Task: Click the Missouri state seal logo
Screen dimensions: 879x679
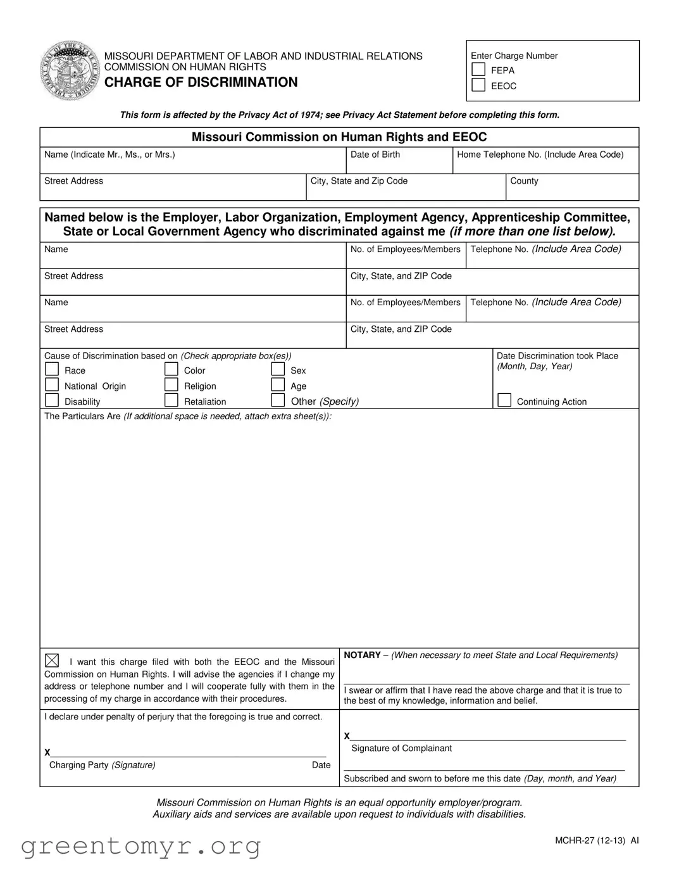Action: pyautogui.click(x=70, y=70)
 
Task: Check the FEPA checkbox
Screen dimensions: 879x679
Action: pyautogui.click(x=479, y=70)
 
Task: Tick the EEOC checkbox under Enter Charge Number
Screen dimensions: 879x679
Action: pyautogui.click(x=479, y=85)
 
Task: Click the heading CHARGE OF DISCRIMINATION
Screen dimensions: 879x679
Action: pyautogui.click(x=201, y=82)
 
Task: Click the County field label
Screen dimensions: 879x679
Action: pyautogui.click(x=524, y=181)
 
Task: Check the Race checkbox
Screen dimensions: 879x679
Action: pyautogui.click(x=52, y=370)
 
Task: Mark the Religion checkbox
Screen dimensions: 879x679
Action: pyautogui.click(x=171, y=385)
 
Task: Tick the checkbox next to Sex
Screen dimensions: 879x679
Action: pyautogui.click(x=278, y=370)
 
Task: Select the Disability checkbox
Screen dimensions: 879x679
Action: pyautogui.click(x=52, y=400)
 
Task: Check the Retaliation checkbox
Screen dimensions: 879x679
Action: pyautogui.click(x=171, y=400)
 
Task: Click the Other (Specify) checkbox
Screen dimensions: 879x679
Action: pyautogui.click(x=278, y=400)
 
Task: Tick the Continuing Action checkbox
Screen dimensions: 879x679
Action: pyautogui.click(x=504, y=400)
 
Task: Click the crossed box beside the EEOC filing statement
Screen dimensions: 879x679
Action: pyautogui.click(x=52, y=661)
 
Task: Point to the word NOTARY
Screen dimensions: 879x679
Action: pyautogui.click(x=362, y=655)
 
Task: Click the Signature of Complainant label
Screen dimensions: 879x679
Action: pyautogui.click(x=401, y=749)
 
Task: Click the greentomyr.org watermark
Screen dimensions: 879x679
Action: pyautogui.click(x=141, y=846)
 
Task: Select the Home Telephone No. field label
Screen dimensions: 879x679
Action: pyautogui.click(x=540, y=155)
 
